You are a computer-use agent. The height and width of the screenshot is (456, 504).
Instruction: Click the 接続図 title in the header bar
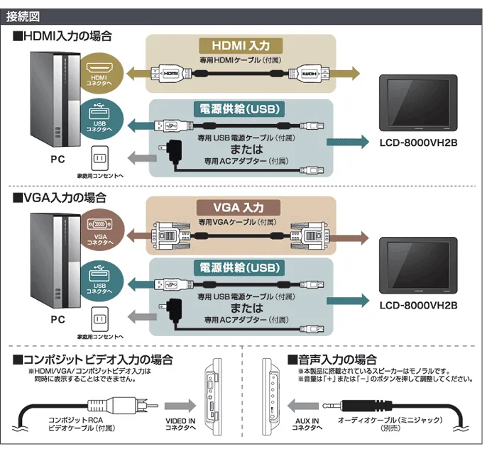pos(22,16)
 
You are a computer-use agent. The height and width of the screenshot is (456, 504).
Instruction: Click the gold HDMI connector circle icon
pos(99,74)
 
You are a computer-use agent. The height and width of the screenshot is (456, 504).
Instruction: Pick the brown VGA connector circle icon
pos(99,233)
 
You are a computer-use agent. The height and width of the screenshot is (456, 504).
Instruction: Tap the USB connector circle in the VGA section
pos(99,279)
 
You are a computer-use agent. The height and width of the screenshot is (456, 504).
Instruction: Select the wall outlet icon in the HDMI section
pos(100,157)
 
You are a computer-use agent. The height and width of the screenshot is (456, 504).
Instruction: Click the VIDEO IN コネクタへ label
pos(180,424)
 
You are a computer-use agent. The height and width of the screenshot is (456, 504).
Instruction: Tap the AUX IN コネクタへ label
pos(306,424)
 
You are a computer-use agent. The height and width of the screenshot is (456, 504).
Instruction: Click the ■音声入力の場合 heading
pos(332,360)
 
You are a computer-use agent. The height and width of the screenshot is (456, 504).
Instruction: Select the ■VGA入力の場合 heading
pos(60,197)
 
